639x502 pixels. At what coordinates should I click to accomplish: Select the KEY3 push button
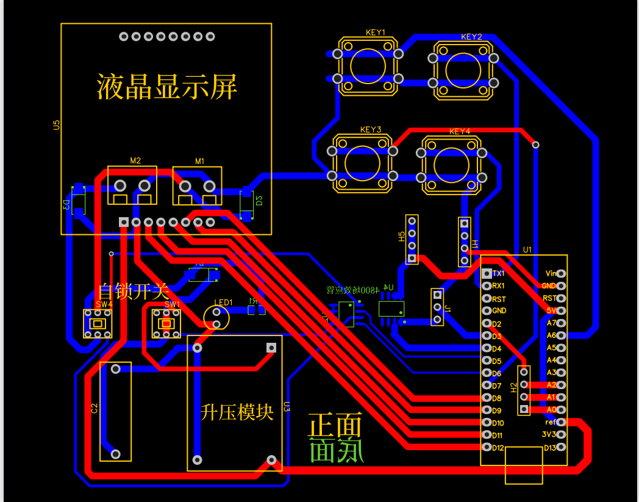click(362, 163)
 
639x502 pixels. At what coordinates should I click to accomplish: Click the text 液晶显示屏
click(166, 87)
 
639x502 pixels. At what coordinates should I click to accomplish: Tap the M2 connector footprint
click(132, 185)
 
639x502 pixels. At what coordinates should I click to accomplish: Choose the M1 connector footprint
click(197, 185)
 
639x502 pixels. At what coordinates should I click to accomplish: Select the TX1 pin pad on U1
click(487, 273)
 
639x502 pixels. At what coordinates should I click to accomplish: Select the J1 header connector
click(437, 307)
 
